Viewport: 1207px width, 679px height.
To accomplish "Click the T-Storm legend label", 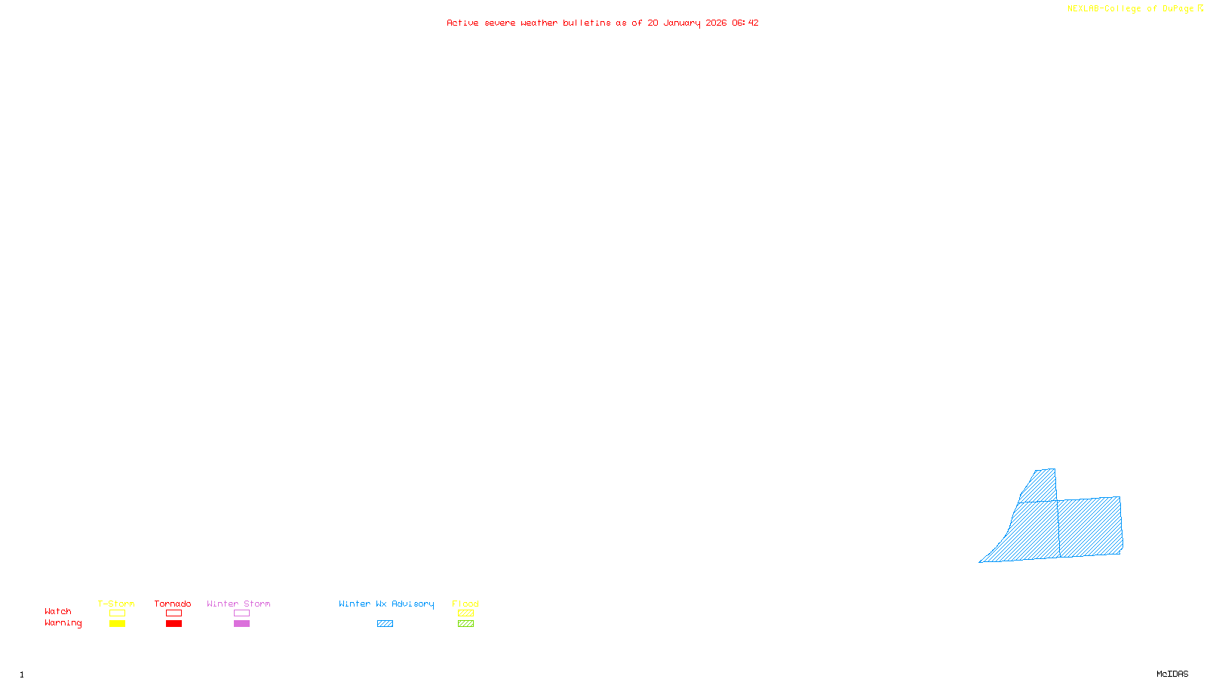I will [x=116, y=604].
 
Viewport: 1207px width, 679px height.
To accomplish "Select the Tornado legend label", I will [x=173, y=604].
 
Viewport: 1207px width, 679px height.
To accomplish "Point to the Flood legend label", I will [x=465, y=604].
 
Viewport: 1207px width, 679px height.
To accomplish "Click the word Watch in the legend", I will [x=58, y=611].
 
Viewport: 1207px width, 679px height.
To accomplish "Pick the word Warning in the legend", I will [x=63, y=623].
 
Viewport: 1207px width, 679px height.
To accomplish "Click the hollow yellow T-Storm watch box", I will [x=117, y=613].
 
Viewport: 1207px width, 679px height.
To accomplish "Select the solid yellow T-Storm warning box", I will [x=117, y=624].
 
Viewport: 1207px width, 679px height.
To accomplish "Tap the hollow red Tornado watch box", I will [x=174, y=613].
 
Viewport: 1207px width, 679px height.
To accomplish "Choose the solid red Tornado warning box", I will [x=174, y=624].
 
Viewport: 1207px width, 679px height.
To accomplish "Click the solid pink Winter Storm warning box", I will [x=241, y=624].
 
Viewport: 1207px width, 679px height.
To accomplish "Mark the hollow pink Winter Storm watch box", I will [x=241, y=613].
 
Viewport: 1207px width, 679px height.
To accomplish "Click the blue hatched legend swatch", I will [x=385, y=624].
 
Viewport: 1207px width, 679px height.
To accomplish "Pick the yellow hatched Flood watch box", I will [x=465, y=613].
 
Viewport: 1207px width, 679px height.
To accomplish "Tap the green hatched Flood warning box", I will [x=465, y=624].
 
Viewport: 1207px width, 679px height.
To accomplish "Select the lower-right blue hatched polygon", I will [x=1089, y=527].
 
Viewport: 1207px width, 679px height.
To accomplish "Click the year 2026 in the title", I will [x=716, y=23].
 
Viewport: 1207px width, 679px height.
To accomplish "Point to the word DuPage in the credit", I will [x=1178, y=9].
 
